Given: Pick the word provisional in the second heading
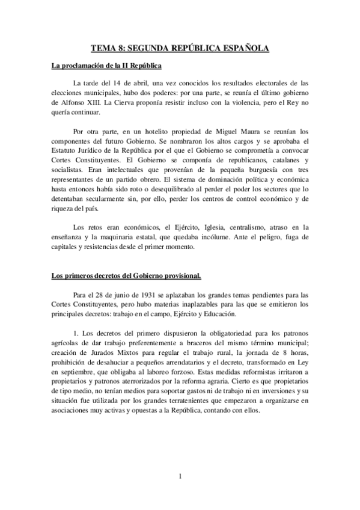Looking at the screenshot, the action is pos(182,276).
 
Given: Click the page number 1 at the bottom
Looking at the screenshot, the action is pos(180,478).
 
